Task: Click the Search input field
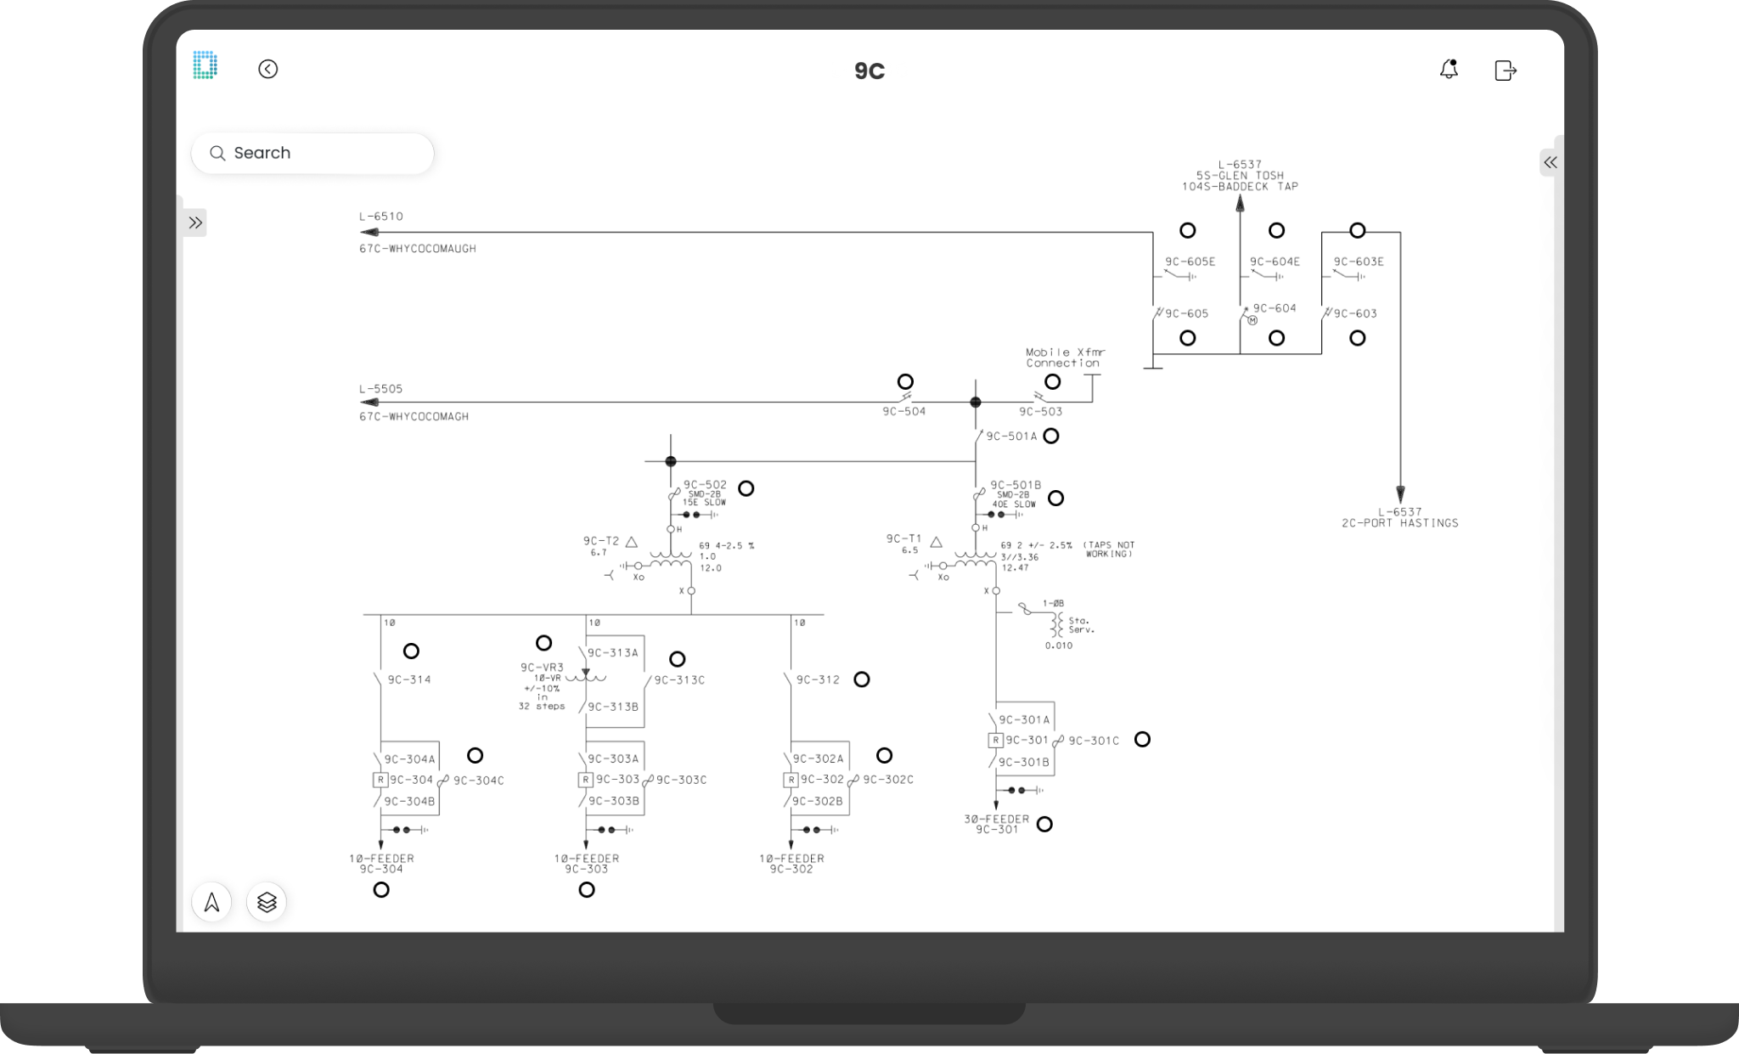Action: [312, 153]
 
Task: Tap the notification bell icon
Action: [1449, 70]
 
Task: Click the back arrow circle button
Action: [267, 70]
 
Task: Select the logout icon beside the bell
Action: [1505, 70]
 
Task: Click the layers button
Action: [267, 902]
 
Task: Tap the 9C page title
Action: [869, 71]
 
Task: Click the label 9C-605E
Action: [1190, 262]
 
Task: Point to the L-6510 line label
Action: [381, 217]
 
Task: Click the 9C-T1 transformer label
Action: [903, 538]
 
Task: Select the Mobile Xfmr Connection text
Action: [1065, 358]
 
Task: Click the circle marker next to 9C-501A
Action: [1051, 436]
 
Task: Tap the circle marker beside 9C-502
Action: [746, 488]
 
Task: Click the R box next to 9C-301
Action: [995, 741]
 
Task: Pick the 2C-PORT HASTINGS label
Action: [1399, 523]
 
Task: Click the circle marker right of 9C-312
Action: [862, 679]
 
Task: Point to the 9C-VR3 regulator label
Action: [542, 668]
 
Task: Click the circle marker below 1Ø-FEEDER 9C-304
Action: [381, 890]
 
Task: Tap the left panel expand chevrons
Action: [195, 223]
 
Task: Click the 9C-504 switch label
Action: [903, 412]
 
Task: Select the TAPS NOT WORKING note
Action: [1108, 550]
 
